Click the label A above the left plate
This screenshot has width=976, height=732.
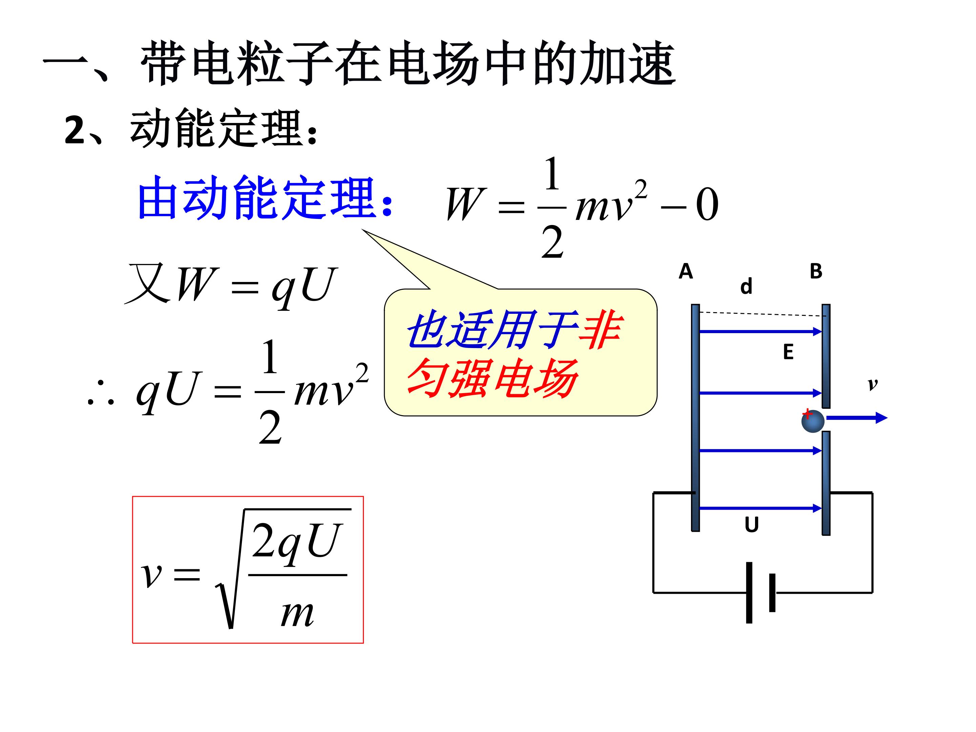[686, 271]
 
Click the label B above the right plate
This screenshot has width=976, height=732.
[816, 271]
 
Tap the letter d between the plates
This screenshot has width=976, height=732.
[746, 287]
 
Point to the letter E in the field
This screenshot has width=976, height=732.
[788, 352]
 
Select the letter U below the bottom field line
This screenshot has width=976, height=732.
[751, 525]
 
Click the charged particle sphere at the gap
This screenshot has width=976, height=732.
[813, 421]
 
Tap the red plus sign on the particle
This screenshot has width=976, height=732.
[807, 414]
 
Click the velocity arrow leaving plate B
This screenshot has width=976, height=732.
[856, 418]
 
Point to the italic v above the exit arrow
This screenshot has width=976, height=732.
[872, 385]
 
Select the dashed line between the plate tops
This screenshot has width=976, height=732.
[763, 314]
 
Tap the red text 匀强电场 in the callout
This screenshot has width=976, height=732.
[492, 378]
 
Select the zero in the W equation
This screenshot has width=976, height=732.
[707, 205]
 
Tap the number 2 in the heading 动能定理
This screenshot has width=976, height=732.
[75, 130]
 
